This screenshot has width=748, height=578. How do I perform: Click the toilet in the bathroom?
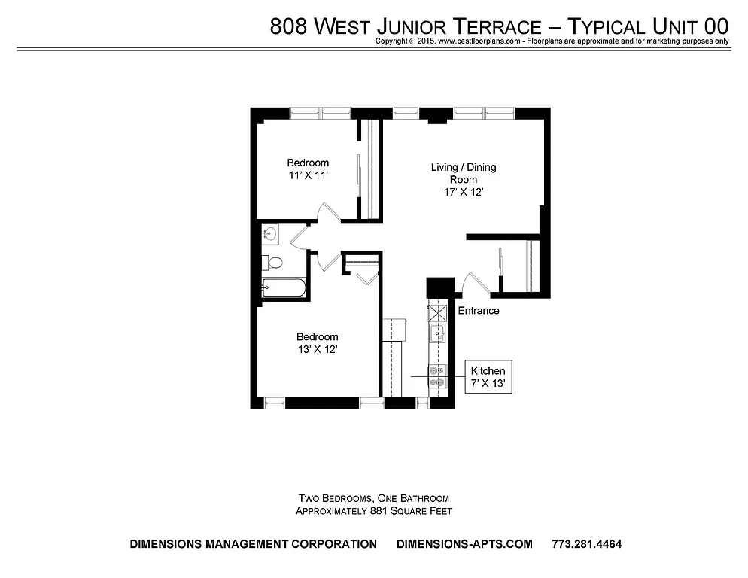click(x=274, y=263)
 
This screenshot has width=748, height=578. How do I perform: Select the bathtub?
click(x=283, y=288)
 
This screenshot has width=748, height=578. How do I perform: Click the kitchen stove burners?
click(x=437, y=376)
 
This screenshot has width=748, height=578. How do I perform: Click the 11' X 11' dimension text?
click(x=308, y=175)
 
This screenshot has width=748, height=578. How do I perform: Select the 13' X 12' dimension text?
click(x=317, y=349)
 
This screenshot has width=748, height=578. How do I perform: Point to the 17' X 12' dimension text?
click(x=463, y=192)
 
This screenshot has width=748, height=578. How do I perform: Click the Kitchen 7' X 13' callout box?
click(x=488, y=376)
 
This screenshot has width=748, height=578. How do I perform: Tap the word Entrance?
click(x=478, y=311)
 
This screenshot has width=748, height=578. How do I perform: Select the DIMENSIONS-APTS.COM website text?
click(x=464, y=544)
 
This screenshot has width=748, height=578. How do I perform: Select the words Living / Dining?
click(x=463, y=167)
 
